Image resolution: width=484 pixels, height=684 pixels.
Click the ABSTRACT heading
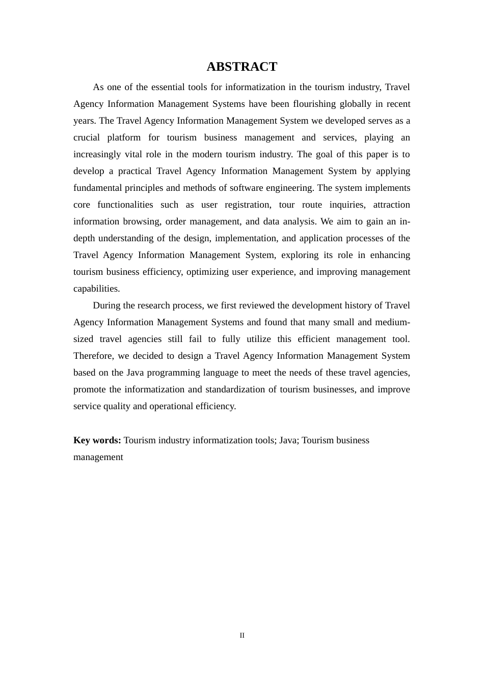(x=241, y=67)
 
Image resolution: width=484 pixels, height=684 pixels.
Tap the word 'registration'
(x=241, y=205)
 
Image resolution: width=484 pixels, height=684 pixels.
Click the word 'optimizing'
(x=208, y=272)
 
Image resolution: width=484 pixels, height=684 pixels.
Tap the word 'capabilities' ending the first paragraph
(x=96, y=289)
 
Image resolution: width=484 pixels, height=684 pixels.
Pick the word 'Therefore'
(x=93, y=356)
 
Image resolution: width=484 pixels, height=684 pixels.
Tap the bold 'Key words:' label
(x=97, y=440)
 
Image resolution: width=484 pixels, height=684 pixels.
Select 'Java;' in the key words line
(x=288, y=440)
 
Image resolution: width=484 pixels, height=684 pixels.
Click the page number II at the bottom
(x=242, y=636)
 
